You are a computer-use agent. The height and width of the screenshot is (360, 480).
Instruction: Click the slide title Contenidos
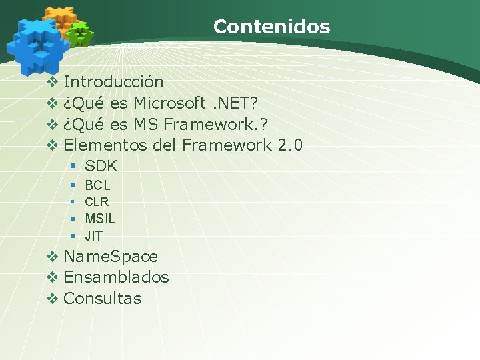271,27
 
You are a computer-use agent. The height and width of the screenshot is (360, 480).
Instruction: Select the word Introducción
113,82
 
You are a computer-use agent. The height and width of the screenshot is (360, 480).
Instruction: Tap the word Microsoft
169,103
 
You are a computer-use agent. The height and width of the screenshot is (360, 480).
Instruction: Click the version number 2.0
290,145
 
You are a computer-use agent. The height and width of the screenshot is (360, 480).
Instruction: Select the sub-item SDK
101,166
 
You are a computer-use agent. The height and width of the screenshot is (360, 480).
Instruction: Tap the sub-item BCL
97,185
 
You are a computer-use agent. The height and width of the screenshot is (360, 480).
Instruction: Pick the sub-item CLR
97,201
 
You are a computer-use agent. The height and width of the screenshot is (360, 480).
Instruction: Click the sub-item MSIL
100,219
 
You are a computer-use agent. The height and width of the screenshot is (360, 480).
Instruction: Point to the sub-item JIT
94,235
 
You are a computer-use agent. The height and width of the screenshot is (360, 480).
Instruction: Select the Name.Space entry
111,257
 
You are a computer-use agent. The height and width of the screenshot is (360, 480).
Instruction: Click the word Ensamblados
116,277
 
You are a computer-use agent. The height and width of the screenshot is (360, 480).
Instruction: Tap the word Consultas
103,299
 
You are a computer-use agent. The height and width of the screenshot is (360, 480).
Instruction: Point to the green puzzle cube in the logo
80,33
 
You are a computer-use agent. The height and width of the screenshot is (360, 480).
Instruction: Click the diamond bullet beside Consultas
53,299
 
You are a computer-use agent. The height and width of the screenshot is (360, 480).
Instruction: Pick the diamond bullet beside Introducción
53,83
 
